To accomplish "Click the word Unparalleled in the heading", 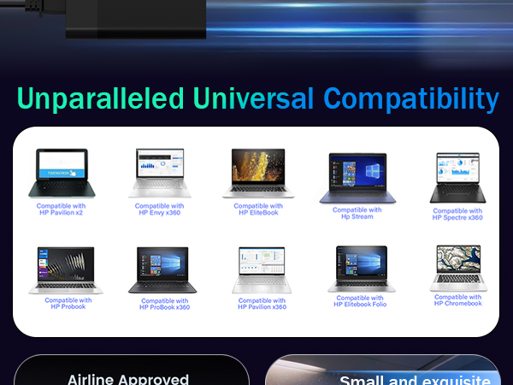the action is (100, 98).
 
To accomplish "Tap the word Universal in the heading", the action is (253, 98).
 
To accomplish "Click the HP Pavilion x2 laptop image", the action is (62, 173).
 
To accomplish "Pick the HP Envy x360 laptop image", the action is (160, 173).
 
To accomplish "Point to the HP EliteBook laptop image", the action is (258, 173).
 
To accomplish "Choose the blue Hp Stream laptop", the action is (357, 178).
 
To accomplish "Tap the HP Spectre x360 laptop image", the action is (457, 177).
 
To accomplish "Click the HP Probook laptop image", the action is (66, 270).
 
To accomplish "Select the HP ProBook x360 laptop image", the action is (162, 270).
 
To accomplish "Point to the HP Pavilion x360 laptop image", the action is (262, 270).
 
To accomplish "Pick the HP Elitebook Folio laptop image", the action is (362, 269).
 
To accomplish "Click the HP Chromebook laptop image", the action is (458, 268).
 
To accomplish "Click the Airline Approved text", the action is (128, 380).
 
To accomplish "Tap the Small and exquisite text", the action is (415, 381).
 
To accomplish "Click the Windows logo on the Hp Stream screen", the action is (373, 171).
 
